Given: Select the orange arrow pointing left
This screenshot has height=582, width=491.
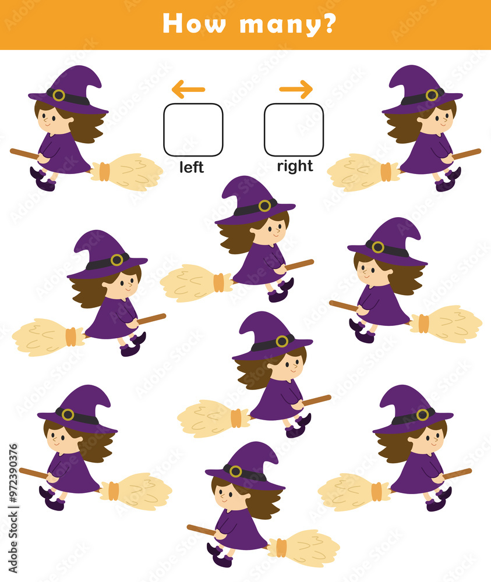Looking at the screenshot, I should tap(188, 90).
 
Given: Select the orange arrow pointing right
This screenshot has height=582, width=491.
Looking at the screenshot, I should tap(296, 90).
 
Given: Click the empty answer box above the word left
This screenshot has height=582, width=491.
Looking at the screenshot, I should tap(193, 130).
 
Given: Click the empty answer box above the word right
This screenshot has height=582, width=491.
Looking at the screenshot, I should tap(294, 130).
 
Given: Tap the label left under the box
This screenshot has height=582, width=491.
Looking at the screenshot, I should tap(192, 168).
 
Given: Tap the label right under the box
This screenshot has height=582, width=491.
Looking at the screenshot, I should tap(295, 166).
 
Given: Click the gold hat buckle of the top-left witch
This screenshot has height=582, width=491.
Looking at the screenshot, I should tap(59, 95).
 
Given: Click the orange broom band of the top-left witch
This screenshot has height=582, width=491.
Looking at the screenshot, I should tap(104, 171).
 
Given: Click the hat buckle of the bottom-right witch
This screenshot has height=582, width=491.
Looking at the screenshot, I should tap(422, 415).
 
